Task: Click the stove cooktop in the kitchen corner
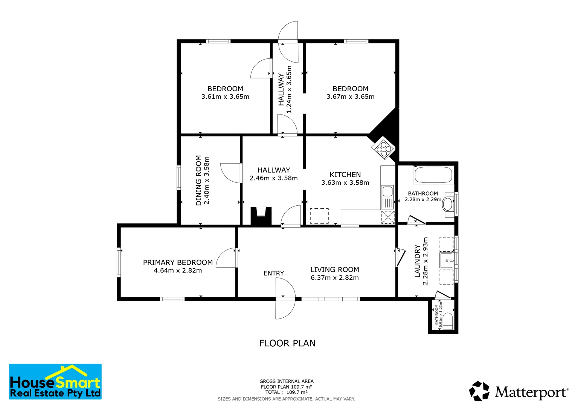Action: (x=383, y=148)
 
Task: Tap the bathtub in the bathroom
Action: (x=433, y=175)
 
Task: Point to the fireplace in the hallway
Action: (x=261, y=216)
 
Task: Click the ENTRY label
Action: (x=274, y=273)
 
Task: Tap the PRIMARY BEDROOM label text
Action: (x=178, y=262)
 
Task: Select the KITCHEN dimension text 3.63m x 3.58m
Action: (x=345, y=183)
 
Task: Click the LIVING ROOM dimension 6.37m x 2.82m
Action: (x=334, y=278)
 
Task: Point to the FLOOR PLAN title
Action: (x=287, y=343)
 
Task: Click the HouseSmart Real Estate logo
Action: (x=55, y=382)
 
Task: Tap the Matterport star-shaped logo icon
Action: (x=479, y=391)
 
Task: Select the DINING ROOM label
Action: (x=199, y=181)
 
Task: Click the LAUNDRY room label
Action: (x=417, y=261)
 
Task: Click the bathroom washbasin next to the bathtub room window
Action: (x=448, y=204)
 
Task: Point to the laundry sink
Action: (x=447, y=260)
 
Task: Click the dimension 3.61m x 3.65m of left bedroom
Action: (x=225, y=97)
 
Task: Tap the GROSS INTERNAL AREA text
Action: (x=286, y=381)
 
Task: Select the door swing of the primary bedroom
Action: (x=226, y=258)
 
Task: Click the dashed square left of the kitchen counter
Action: (x=319, y=216)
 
